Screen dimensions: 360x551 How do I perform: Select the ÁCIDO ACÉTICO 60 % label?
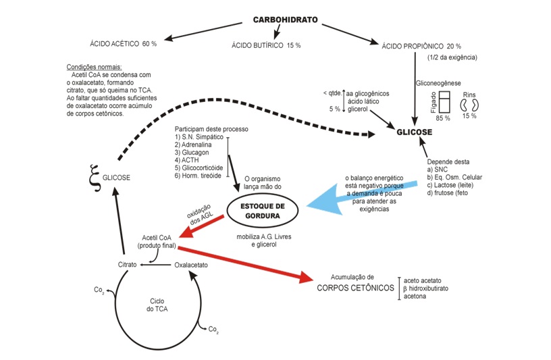click(x=124, y=43)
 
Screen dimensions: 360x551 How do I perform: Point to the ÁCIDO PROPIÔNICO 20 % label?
click(x=421, y=46)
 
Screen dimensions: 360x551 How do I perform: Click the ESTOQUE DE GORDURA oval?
click(x=263, y=211)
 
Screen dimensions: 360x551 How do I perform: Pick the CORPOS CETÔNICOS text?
click(x=355, y=288)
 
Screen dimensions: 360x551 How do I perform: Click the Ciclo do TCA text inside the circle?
click(x=157, y=304)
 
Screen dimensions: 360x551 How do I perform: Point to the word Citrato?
click(x=127, y=265)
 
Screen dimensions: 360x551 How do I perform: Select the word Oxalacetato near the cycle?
click(x=191, y=265)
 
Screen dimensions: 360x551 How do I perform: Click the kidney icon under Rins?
click(x=469, y=105)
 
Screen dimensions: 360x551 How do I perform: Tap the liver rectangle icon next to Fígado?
click(x=444, y=103)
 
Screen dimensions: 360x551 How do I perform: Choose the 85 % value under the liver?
click(x=443, y=118)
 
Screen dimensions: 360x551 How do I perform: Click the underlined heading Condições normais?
click(x=95, y=67)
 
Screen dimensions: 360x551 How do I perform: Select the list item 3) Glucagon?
click(x=196, y=152)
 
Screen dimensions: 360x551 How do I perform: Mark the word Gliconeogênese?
click(x=438, y=82)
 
